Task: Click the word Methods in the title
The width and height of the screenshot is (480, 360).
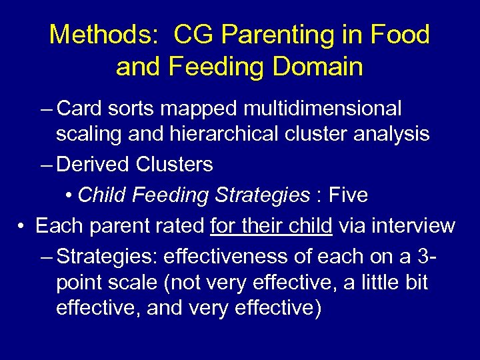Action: coord(99,35)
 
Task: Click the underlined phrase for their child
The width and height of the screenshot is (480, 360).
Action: coord(271,226)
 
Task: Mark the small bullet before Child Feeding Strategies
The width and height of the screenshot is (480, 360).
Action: coord(69,195)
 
